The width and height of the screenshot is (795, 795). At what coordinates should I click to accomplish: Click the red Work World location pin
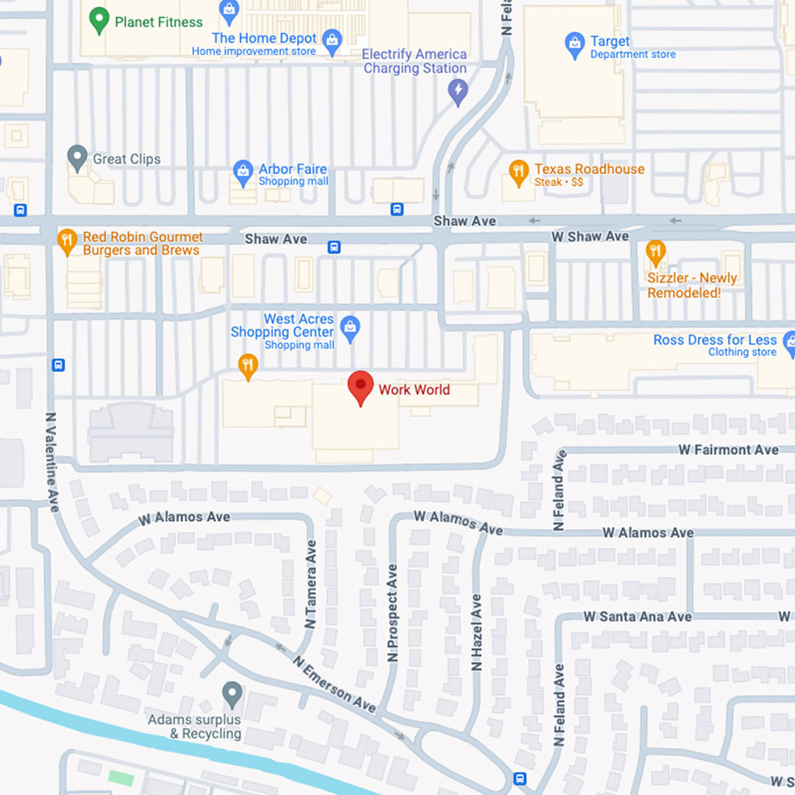point(360,387)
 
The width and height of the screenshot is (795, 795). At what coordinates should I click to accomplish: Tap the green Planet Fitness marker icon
point(99,20)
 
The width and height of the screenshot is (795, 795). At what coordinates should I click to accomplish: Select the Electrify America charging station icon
point(458,92)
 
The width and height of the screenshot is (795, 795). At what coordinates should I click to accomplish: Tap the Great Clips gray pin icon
point(77,158)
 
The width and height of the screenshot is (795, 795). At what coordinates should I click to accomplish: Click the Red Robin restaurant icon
point(68,241)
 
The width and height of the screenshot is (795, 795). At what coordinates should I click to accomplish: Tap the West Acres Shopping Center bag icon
point(350,328)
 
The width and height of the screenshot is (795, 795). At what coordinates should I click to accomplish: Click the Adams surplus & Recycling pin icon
point(232,693)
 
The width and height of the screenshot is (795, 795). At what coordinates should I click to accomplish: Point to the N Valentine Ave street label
point(53,461)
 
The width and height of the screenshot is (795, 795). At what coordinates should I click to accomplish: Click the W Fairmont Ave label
point(727,450)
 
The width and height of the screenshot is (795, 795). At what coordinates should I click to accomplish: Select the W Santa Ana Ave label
point(637,616)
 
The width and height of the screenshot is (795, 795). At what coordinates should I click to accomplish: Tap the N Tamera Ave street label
point(311,584)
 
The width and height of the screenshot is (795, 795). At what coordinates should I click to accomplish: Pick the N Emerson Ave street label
point(334,683)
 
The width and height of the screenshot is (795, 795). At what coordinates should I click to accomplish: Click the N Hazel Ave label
point(476,633)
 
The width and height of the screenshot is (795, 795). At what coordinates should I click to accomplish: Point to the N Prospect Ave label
point(392,613)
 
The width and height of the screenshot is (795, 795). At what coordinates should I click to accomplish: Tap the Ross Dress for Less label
point(714,340)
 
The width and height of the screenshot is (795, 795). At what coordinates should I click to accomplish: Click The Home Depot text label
point(264,38)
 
